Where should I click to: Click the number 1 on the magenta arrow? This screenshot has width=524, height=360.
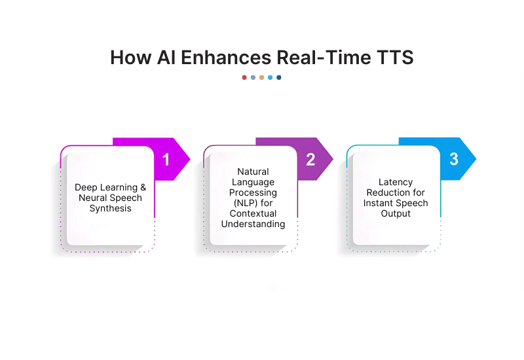point(166,159)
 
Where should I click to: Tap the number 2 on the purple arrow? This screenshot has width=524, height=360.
point(310,159)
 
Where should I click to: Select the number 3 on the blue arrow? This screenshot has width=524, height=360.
point(453,159)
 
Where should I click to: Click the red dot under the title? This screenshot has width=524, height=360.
point(244,77)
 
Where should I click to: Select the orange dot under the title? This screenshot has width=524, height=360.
point(261,77)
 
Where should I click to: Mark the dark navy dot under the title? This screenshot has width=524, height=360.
point(279,77)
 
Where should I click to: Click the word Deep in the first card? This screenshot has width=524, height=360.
point(86,187)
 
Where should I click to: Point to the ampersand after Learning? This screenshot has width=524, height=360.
point(143,187)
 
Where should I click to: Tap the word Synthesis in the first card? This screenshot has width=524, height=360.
point(110,209)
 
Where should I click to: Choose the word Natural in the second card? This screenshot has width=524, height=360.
point(253,172)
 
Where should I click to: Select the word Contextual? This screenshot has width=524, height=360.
point(253,214)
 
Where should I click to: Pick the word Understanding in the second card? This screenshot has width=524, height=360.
point(253,225)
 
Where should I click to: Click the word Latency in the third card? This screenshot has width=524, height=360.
point(396,182)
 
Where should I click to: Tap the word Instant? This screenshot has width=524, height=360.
point(379,203)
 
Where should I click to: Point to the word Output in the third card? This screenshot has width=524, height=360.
point(396,213)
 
